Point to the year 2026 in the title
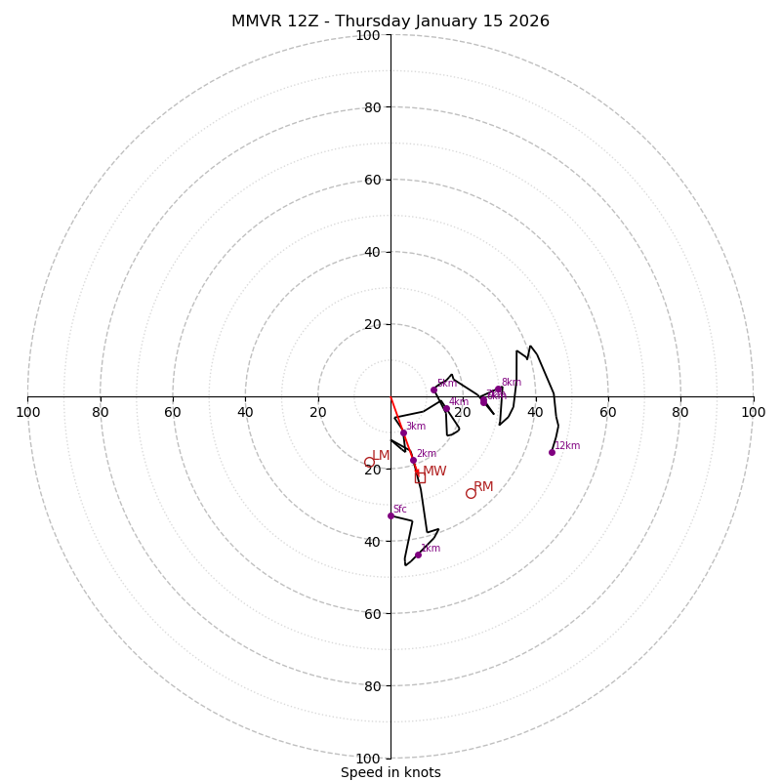click(526, 21)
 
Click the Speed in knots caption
click(390, 772)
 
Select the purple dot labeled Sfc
click(390, 515)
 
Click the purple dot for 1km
click(418, 555)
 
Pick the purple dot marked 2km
click(413, 460)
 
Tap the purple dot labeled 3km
click(403, 432)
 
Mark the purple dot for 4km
click(446, 408)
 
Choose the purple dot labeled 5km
click(434, 390)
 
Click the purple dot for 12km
click(552, 452)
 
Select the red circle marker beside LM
click(369, 463)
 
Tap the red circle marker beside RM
click(471, 493)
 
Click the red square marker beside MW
click(420, 477)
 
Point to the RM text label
click(483, 486)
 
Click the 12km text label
click(567, 445)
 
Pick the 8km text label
click(512, 382)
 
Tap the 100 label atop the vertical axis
click(368, 35)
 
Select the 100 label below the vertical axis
click(368, 759)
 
